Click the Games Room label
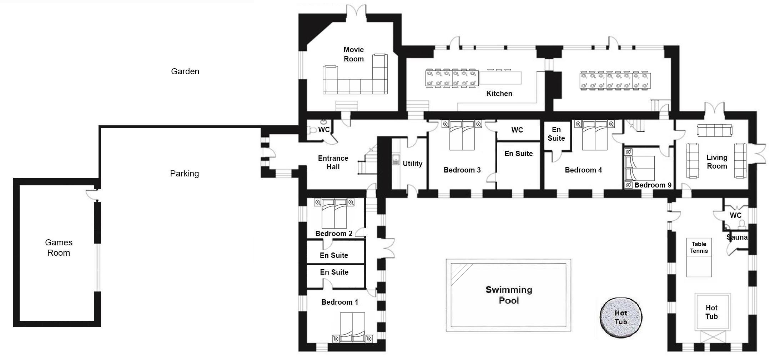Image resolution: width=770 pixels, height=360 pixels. coord(59,247)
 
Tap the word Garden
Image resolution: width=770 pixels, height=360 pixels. coord(185,71)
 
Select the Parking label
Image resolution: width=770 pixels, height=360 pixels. coord(184,174)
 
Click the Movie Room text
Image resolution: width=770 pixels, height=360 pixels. coord(354,54)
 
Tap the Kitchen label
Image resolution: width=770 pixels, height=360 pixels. coord(499,94)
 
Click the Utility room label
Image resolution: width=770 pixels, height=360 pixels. coord(413,164)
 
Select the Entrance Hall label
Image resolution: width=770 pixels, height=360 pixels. coord(333,162)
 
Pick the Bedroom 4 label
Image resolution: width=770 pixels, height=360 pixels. coord(583,170)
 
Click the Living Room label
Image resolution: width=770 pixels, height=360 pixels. coord(717,162)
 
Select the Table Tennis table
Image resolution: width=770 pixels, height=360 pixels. coord(699,257)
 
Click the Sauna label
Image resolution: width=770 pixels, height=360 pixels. coord(737,237)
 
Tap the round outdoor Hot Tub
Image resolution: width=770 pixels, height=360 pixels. coord(621,317)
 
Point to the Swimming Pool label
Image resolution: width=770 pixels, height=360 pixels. coord(509,295)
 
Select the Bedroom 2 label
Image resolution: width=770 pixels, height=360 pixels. coord(334,234)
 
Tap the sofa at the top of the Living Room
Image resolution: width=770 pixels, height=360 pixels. coord(715,130)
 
